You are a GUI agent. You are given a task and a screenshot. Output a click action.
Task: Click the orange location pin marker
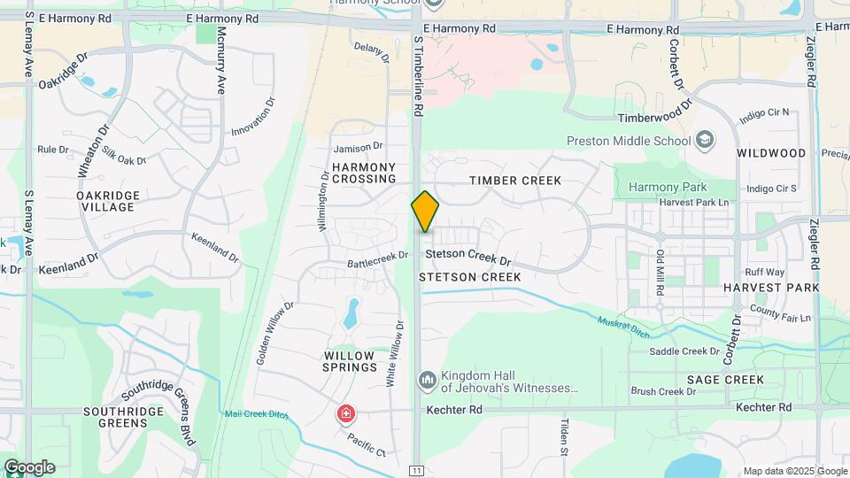[x=425, y=212]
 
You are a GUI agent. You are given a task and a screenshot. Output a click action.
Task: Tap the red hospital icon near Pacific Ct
[x=345, y=413]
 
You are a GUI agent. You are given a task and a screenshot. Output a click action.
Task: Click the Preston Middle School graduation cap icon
[x=705, y=140]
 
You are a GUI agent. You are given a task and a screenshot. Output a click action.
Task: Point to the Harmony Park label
[x=668, y=187]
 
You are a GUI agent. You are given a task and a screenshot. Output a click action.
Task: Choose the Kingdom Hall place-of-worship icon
[x=427, y=380]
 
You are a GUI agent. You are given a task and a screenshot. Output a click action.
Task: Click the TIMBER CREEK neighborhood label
[x=515, y=181]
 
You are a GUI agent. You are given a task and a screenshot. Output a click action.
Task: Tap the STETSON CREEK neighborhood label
[x=469, y=277]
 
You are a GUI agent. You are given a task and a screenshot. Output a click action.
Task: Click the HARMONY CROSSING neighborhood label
[x=364, y=173]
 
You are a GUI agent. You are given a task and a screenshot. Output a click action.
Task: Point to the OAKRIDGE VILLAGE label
[x=105, y=201]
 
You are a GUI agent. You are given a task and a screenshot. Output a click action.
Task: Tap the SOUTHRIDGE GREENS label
[x=123, y=417]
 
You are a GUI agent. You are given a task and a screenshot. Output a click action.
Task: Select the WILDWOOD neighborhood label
[x=771, y=153]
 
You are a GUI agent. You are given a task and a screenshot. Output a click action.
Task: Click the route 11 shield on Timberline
[x=416, y=469]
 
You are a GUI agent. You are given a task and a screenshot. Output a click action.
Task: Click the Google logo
[x=29, y=466]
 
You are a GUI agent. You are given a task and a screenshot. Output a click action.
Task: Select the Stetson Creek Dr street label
[x=468, y=259]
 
